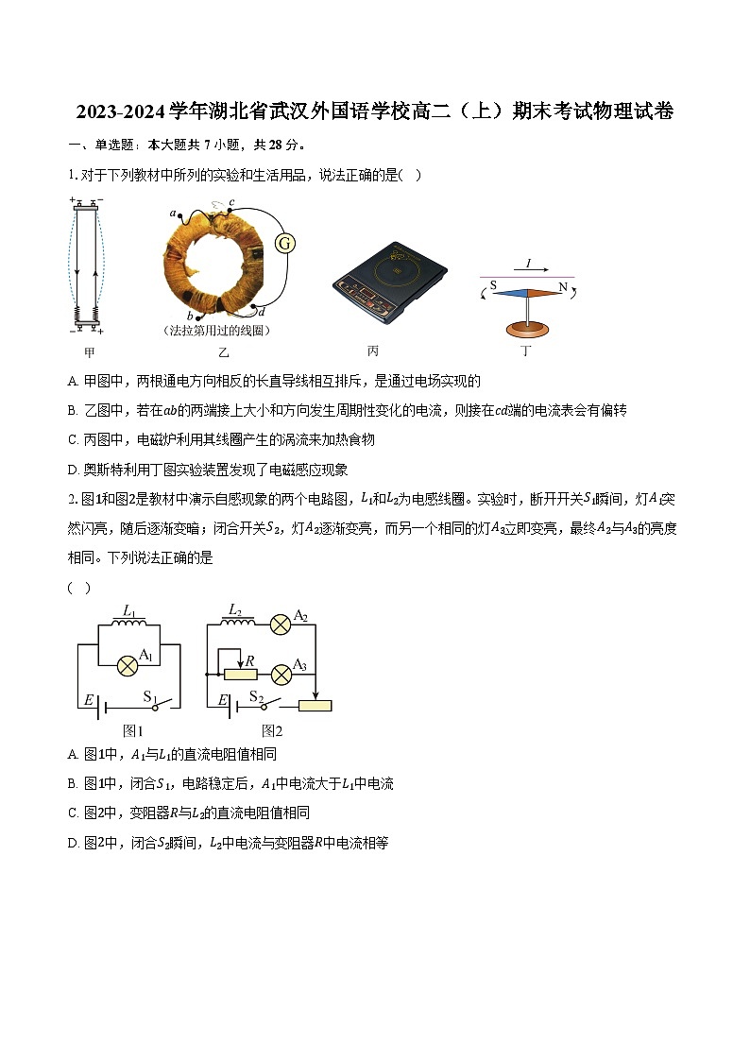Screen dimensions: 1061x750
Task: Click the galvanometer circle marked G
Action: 284,244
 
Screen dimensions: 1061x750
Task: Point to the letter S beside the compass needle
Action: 493,283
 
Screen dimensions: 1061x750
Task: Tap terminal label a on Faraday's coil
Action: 172,215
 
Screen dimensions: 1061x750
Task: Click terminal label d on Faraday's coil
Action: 262,312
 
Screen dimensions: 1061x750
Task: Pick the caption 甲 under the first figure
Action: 90,352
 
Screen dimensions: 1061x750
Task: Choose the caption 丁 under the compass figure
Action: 526,352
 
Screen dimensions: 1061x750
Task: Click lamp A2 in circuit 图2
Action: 281,625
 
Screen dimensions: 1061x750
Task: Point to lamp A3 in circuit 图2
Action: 281,675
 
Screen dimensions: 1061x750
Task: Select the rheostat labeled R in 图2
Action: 240,674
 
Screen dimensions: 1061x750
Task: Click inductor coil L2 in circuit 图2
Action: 237,621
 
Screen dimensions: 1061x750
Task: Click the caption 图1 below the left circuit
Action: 133,730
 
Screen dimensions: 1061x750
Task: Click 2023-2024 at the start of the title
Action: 123,112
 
